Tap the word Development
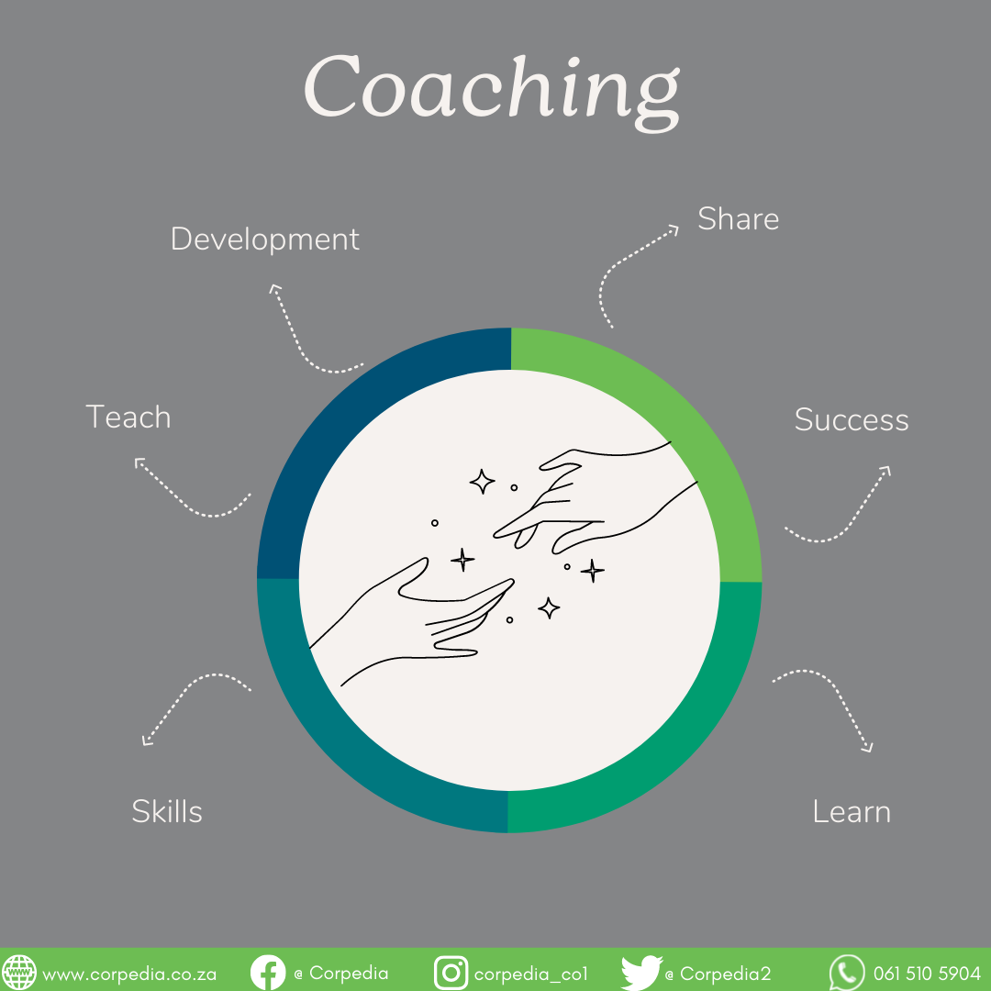(x=264, y=239)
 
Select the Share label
(x=738, y=219)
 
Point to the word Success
(x=851, y=420)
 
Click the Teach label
(x=128, y=418)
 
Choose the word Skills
(x=167, y=811)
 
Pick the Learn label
(x=852, y=812)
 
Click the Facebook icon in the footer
(x=268, y=973)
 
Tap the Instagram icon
(x=451, y=973)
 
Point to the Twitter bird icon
(x=640, y=973)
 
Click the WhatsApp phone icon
(x=846, y=973)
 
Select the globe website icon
(x=19, y=973)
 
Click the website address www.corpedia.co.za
(x=129, y=974)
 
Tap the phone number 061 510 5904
(x=927, y=974)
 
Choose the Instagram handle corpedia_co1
(x=530, y=974)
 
